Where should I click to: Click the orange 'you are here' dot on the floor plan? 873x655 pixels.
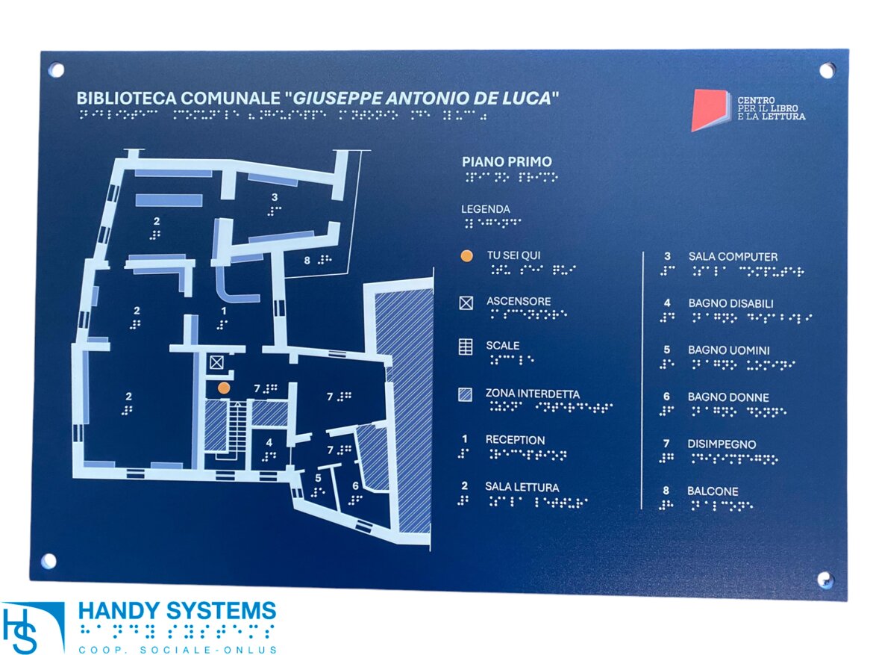[x=224, y=388]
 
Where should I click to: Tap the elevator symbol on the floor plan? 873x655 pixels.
[x=216, y=363]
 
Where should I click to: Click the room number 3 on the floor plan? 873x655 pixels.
[x=275, y=197]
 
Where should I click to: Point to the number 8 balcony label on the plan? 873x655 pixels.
[x=307, y=260]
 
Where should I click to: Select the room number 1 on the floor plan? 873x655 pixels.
[x=222, y=310]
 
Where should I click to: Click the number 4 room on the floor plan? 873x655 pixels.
[x=269, y=442]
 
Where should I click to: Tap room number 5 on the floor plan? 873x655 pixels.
[x=318, y=478]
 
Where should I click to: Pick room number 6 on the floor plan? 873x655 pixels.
[x=355, y=485]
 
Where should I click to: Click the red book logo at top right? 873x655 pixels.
[x=709, y=110]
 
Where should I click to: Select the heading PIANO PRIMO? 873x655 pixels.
[x=507, y=161]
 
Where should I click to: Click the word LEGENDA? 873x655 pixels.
[x=486, y=209]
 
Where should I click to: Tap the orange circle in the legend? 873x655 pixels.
[x=466, y=256]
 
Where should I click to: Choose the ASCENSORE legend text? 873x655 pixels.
[x=519, y=302]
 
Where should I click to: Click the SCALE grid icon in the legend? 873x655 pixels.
[x=466, y=347]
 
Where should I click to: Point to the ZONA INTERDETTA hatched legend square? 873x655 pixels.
[x=466, y=394]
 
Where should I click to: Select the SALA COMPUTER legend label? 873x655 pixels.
[x=733, y=257]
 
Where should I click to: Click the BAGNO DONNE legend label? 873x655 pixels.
[x=728, y=397]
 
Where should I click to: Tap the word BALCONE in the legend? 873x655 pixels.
[x=713, y=491]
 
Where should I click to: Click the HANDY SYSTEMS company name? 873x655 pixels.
[x=177, y=610]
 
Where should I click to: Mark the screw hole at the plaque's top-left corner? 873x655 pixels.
[x=57, y=70]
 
